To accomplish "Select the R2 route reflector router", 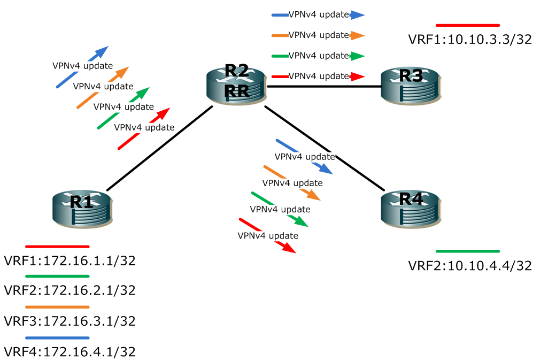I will click(x=236, y=85).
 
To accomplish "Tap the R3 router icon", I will click(x=411, y=84).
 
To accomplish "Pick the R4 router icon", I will click(x=411, y=208).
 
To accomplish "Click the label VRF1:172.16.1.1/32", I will click(x=70, y=261).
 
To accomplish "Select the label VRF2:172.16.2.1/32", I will click(x=70, y=290).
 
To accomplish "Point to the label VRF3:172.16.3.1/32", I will click(x=70, y=321).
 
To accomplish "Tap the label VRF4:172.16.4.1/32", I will click(x=70, y=351).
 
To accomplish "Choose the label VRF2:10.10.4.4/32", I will click(x=469, y=265).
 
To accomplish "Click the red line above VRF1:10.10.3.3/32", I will click(x=467, y=25).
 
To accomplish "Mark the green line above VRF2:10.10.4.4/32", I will click(x=467, y=251).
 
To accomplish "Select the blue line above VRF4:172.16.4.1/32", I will click(x=57, y=338).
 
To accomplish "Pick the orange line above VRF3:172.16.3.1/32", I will click(x=57, y=307).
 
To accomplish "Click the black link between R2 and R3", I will click(x=323, y=86).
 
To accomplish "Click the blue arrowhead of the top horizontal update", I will click(x=358, y=15).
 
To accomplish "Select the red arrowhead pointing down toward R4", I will click(x=289, y=248).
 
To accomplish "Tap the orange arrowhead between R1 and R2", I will click(x=123, y=72).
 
